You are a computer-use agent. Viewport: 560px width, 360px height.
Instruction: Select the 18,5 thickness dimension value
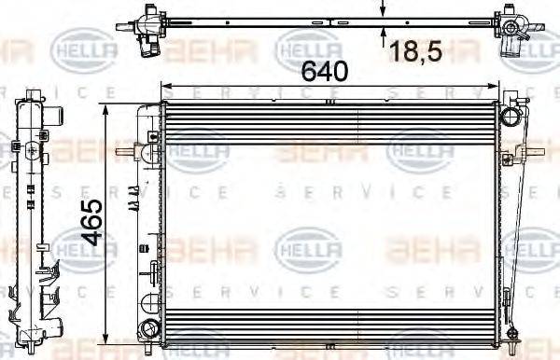[415, 51]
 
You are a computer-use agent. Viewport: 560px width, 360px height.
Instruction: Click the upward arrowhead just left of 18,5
[384, 33]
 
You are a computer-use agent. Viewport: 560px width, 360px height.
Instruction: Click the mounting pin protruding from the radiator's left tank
[124, 151]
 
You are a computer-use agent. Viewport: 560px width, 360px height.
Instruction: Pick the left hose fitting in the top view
[145, 21]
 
